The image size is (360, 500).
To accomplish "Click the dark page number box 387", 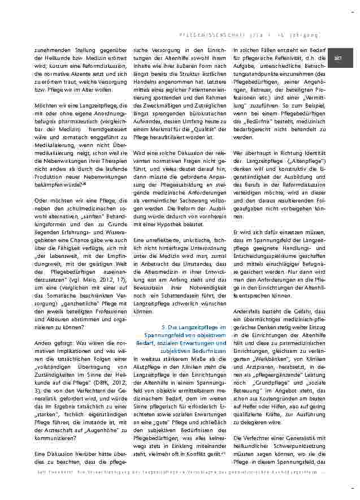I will (x=339, y=58).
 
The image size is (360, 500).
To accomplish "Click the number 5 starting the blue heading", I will (x=163, y=327).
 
